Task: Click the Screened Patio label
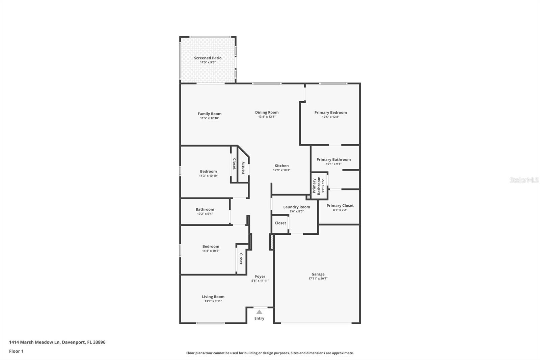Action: tap(208, 58)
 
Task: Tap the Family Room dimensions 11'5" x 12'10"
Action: tap(209, 118)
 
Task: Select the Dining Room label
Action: tap(267, 112)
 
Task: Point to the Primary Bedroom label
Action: tap(330, 112)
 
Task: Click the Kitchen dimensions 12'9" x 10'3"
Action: tap(281, 170)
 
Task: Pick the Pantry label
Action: tap(243, 168)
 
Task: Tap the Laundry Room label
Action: tap(296, 207)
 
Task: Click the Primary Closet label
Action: tap(340, 205)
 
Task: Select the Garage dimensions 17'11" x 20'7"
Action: tap(318, 279)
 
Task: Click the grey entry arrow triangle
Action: tap(259, 312)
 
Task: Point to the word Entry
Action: tap(259, 318)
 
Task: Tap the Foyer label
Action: tap(260, 276)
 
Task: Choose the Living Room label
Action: tap(213, 297)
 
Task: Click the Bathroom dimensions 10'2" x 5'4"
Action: tap(205, 214)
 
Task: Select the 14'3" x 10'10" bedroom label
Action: tap(208, 172)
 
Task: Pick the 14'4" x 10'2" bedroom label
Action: tap(211, 247)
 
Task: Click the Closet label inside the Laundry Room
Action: tap(280, 223)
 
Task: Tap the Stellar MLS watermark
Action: tap(524, 180)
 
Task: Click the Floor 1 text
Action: tap(16, 351)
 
